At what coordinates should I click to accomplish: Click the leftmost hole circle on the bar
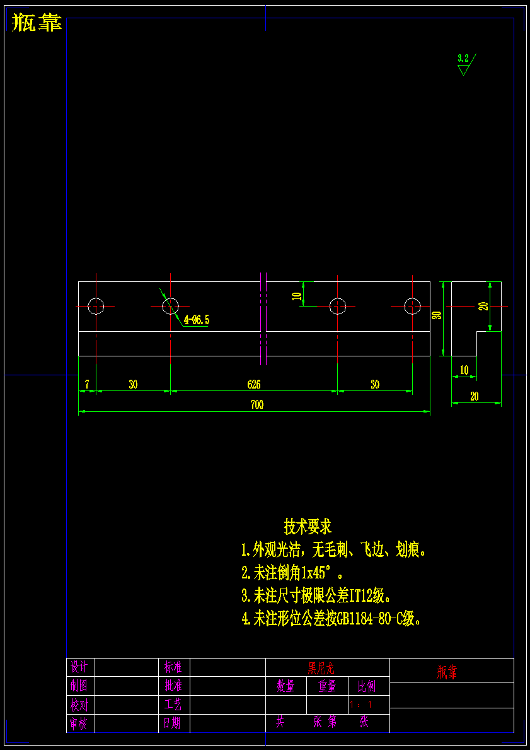coord(96,306)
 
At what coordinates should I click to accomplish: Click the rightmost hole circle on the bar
coord(412,306)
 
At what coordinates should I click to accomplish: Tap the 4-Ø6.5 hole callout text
coord(196,320)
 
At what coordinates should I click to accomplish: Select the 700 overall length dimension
coord(256,405)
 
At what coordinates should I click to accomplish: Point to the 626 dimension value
coord(254,384)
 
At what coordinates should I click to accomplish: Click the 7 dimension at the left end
coord(86,384)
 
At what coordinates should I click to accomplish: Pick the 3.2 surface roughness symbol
coord(464,64)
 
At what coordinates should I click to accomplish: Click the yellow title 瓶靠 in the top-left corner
coord(37,23)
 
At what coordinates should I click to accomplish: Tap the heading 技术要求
coord(308,525)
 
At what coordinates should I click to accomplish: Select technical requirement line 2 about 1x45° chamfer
coord(293,573)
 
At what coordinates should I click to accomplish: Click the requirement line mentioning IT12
coord(317,595)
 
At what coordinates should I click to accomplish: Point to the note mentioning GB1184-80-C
coord(331,619)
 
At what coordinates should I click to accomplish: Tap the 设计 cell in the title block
coord(79,667)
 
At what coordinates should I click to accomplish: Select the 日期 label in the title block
coord(173,723)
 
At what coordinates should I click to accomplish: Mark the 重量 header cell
coord(327,686)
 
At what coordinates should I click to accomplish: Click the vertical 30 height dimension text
coord(437,315)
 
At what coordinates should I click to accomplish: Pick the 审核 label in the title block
coord(79,724)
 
